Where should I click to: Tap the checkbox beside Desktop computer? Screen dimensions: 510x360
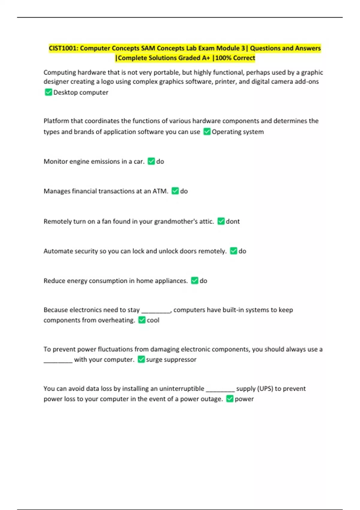(x=48, y=92)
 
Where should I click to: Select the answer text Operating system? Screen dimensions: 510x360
(x=238, y=132)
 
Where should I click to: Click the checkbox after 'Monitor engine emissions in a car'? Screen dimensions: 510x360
(x=151, y=161)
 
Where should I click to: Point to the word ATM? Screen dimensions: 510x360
(x=160, y=191)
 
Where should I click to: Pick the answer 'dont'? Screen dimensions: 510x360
(x=232, y=221)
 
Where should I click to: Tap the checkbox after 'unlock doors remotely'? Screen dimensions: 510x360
(x=233, y=251)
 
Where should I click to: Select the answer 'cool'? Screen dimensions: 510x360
(x=153, y=320)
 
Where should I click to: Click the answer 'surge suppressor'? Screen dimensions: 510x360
(x=171, y=359)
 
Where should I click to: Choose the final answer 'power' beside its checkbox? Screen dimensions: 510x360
(x=244, y=399)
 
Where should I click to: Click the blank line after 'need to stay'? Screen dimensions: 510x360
(x=156, y=312)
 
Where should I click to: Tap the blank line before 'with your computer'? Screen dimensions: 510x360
(x=58, y=362)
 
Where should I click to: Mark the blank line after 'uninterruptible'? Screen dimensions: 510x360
(x=220, y=391)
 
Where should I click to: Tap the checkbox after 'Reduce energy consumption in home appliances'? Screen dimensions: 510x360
(x=194, y=280)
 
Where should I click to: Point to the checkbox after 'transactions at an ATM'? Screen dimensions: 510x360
(x=175, y=191)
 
